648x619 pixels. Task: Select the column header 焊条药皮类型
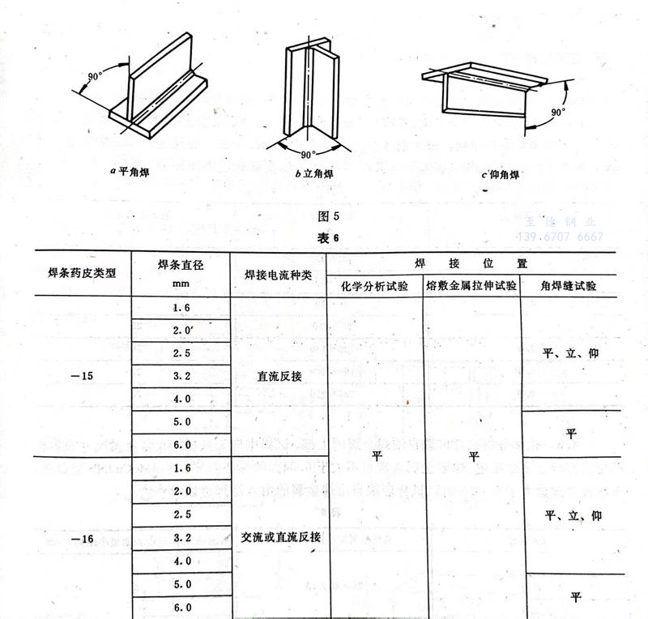[83, 273]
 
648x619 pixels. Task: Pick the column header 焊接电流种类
[278, 275]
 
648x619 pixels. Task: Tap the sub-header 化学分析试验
[374, 287]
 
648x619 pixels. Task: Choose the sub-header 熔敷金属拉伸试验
[471, 287]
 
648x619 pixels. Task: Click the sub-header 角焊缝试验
[570, 287]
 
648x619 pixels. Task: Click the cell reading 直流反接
[278, 376]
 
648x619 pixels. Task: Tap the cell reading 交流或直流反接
[278, 537]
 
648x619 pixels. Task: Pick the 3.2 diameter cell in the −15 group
[181, 376]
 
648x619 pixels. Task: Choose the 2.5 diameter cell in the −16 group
[181, 514]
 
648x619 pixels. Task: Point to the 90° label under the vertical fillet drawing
[307, 154]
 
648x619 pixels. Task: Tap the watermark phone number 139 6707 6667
[561, 237]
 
